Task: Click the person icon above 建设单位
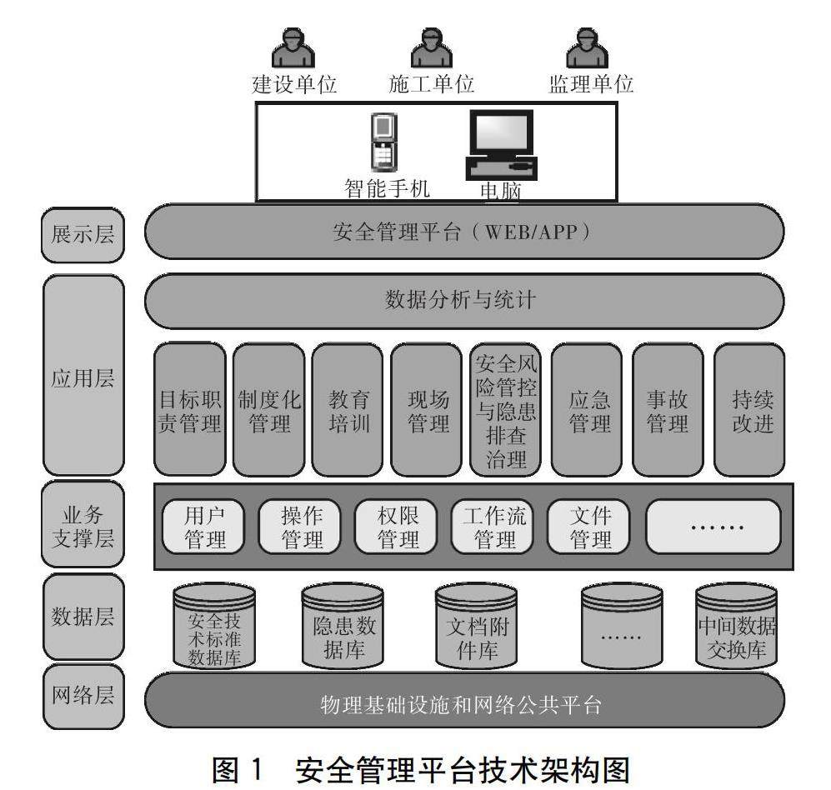point(293,49)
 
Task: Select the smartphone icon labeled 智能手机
point(382,142)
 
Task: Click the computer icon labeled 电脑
point(500,143)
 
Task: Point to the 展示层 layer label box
point(83,234)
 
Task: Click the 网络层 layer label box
point(83,696)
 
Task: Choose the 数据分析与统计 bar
point(464,300)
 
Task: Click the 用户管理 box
point(204,527)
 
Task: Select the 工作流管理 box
point(494,527)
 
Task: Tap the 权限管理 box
point(398,527)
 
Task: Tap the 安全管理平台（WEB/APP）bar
point(464,232)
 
